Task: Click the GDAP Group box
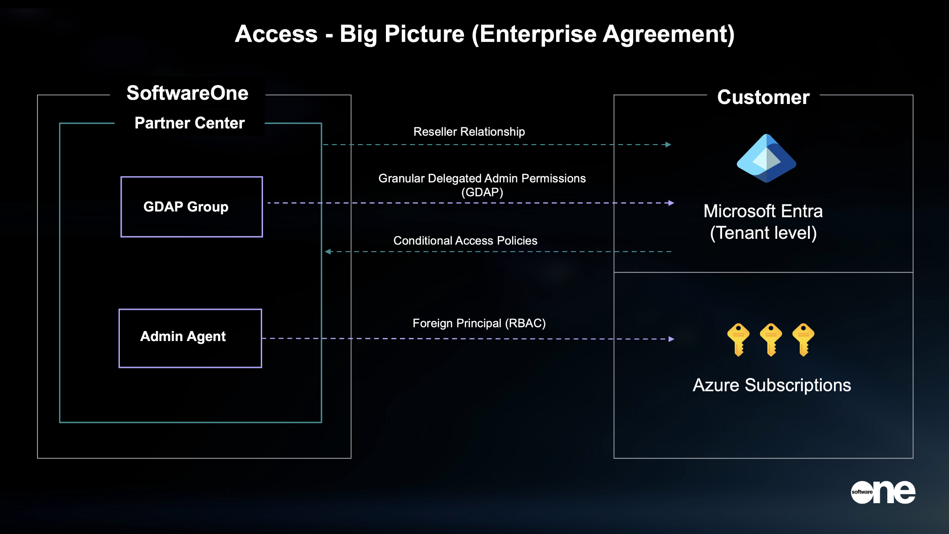point(192,207)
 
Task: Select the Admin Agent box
point(190,338)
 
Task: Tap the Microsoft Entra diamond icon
point(766,158)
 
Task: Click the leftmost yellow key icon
point(738,339)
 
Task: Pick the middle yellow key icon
point(771,339)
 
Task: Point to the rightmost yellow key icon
point(803,339)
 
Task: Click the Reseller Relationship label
point(469,132)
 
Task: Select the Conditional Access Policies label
point(465,241)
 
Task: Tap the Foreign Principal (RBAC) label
point(479,323)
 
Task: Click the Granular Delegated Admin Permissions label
point(482,178)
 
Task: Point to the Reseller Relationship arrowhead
point(668,145)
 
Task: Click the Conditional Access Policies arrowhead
point(328,252)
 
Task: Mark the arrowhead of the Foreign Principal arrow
point(671,339)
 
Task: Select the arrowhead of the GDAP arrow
point(671,203)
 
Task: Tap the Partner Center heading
point(189,123)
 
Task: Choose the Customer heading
point(763,97)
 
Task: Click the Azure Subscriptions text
point(772,385)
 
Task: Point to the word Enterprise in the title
point(538,34)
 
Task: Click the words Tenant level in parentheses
point(764,233)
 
